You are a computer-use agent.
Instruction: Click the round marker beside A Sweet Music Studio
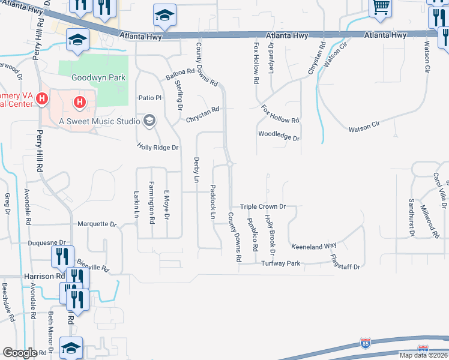[149, 121]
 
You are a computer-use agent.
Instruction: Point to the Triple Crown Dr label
[262, 206]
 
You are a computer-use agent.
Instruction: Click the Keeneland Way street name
[314, 246]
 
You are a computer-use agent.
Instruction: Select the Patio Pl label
[150, 98]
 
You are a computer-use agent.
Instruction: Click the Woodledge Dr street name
[279, 136]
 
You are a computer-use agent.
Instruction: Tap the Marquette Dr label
[97, 224]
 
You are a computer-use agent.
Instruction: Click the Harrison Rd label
[44, 277]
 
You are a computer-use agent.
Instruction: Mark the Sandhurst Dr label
[412, 215]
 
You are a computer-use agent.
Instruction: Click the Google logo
[20, 353]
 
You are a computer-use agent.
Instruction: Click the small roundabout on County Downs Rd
[229, 164]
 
